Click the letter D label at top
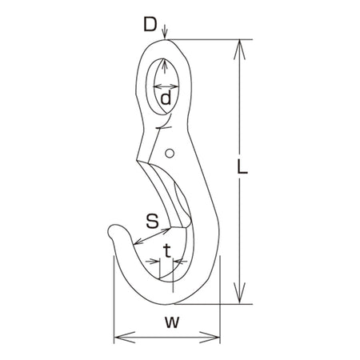click(150, 24)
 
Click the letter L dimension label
click(242, 167)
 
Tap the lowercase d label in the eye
click(166, 98)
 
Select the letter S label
click(152, 221)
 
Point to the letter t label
click(167, 250)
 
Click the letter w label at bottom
click(172, 322)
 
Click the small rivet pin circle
click(170, 154)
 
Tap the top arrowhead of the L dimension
click(240, 50)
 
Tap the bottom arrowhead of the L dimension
click(240, 294)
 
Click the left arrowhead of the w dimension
click(124, 338)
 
